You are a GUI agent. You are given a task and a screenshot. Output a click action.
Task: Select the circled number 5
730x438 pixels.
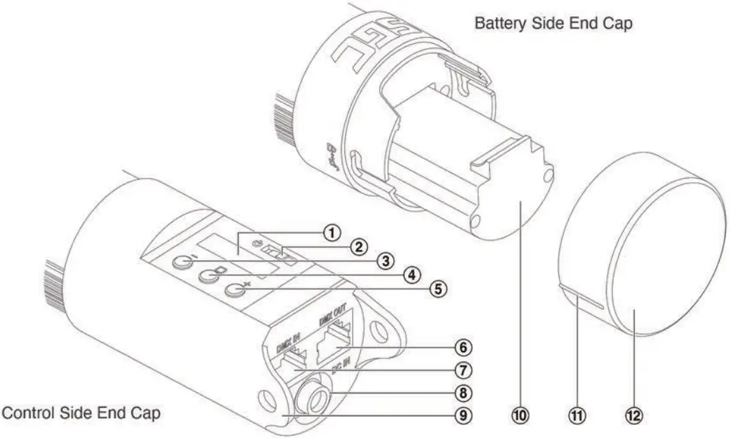click(x=436, y=289)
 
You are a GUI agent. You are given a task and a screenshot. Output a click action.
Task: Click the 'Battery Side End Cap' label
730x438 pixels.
click(x=554, y=23)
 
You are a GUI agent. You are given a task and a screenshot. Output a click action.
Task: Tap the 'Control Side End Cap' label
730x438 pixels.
click(x=80, y=413)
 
